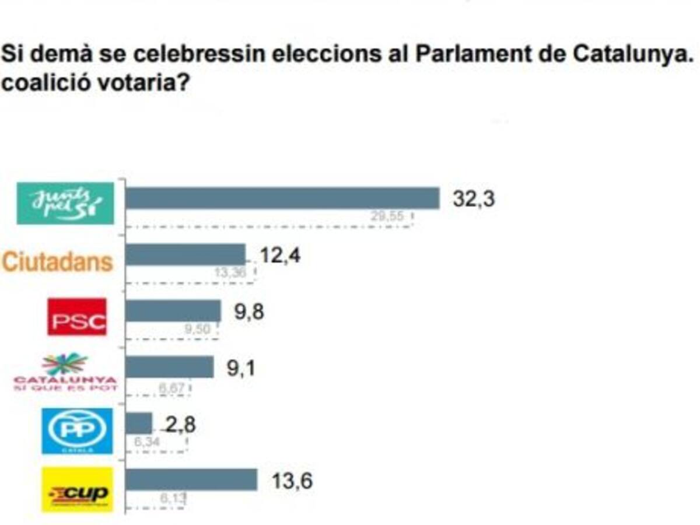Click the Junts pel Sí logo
tap(65, 203)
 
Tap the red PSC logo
tap(77, 317)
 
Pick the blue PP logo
tap(77, 430)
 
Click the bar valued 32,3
tap(282, 198)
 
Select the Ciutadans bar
tap(185, 254)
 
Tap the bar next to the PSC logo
tap(173, 311)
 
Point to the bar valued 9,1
tap(170, 367)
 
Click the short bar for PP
tap(139, 423)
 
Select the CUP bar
tap(191, 480)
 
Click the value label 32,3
tap(474, 199)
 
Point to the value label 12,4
tap(280, 255)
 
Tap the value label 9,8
tap(249, 312)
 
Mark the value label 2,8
tap(181, 425)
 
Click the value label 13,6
tap(292, 481)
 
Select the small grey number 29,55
tap(387, 217)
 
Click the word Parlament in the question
tap(466, 54)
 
